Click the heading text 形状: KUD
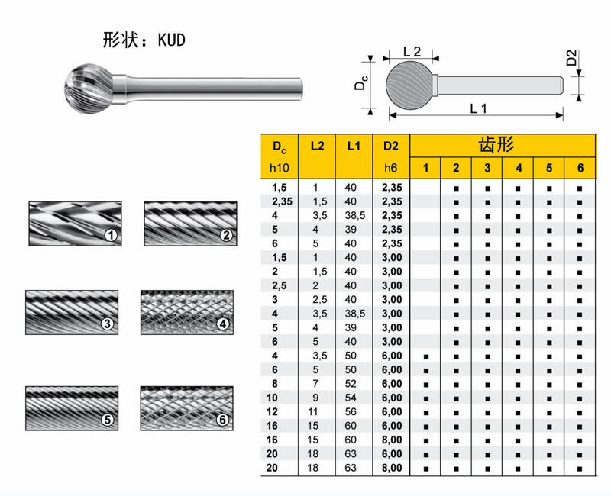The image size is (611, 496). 144,40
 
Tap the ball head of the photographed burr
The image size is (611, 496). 89,89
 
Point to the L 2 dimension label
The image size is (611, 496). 412,51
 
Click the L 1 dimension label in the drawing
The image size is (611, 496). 479,108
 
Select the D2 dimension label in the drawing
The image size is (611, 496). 571,58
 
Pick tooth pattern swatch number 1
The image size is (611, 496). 75,224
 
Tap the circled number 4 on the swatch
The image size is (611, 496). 223,323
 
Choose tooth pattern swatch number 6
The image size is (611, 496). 187,408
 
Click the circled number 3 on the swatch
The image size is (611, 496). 107,323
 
